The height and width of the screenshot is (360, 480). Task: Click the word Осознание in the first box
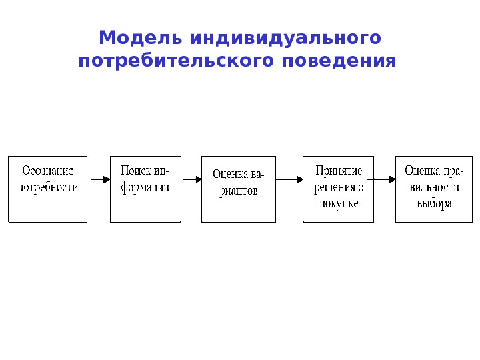[x=48, y=171]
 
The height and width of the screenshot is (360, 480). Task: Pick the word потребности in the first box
[x=48, y=187]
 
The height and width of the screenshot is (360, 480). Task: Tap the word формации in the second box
[x=145, y=187]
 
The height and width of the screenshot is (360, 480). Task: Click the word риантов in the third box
[x=237, y=191]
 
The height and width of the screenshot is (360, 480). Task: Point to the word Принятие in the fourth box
[x=339, y=171]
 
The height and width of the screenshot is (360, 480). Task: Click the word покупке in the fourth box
[x=339, y=203]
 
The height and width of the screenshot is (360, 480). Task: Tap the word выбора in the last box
[x=434, y=203]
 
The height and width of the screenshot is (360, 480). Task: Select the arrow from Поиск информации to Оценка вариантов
[x=191, y=179]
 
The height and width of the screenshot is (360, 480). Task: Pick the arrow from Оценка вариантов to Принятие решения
[x=289, y=179]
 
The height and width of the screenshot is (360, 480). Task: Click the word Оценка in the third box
[x=227, y=175]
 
